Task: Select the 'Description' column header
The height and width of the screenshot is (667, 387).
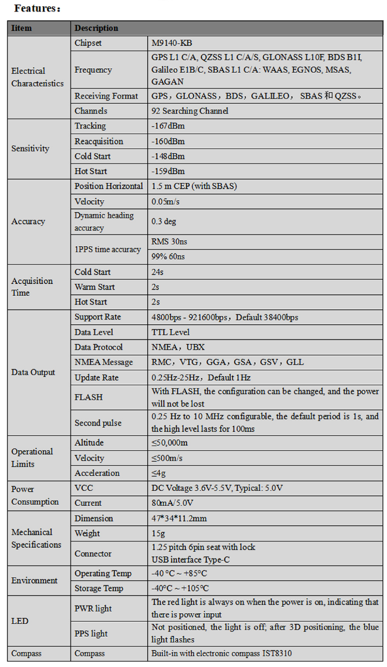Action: point(96,28)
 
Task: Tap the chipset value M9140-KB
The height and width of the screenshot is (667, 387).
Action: point(172,43)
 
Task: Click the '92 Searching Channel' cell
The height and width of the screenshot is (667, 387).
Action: point(190,111)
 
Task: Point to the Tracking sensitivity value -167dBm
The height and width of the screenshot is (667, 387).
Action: point(168,126)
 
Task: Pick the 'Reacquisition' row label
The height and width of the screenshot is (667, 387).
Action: point(99,141)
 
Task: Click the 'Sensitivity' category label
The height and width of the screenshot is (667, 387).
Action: point(30,149)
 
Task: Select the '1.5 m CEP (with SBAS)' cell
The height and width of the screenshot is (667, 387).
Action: point(194,186)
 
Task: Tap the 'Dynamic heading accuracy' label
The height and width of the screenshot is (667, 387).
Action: point(104,221)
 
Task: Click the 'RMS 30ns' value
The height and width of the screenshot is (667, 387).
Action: point(169,241)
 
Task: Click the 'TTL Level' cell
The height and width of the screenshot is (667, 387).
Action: point(170,332)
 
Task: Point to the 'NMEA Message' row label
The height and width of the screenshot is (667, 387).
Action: point(103,362)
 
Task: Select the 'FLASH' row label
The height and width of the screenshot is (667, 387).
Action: point(88,397)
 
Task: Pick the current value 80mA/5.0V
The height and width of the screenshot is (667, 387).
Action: point(172,503)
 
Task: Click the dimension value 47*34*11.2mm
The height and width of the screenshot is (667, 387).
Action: point(179,518)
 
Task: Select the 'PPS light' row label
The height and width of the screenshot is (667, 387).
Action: point(91,634)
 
